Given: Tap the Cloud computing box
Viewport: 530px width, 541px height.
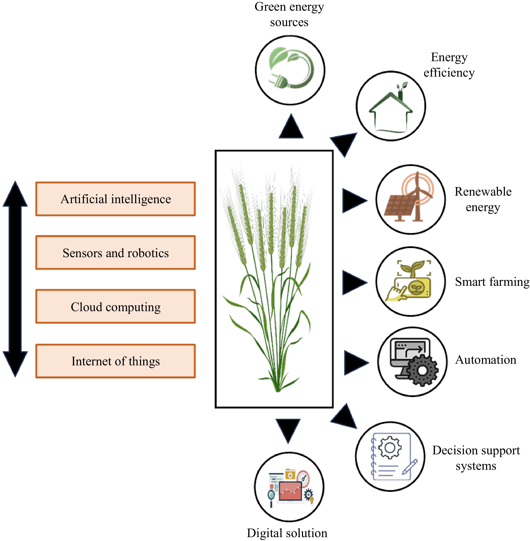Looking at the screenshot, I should pos(115,306).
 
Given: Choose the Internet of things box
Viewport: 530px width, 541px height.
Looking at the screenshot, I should pos(115,361).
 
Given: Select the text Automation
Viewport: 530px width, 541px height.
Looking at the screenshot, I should pos(486,360).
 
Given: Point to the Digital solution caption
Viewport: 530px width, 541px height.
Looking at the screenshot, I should pos(287,533).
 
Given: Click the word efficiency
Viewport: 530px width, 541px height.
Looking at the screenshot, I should pos(449,73).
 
